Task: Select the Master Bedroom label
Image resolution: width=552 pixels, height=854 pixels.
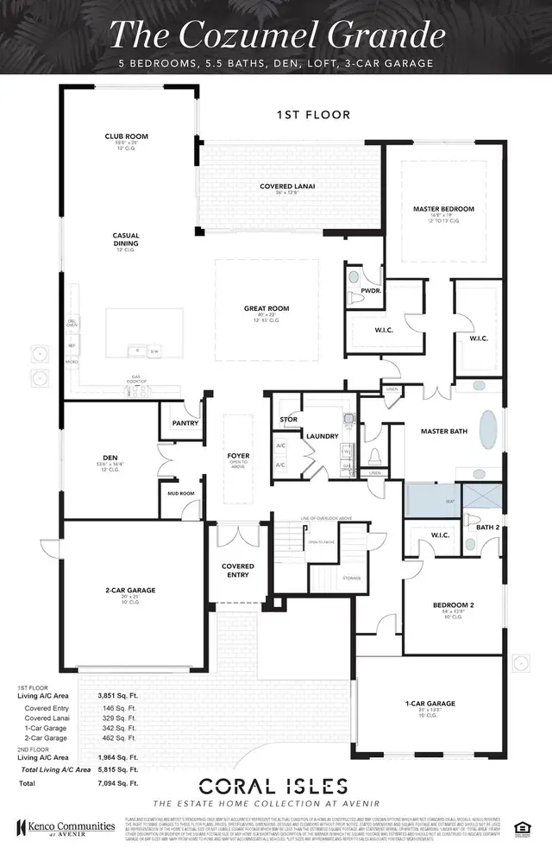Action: pos(443,209)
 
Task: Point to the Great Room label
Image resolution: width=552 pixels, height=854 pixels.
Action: pos(265,308)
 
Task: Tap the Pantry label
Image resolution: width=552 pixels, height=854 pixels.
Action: pos(185,423)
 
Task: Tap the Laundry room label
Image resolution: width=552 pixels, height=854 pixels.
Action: pos(314,436)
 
